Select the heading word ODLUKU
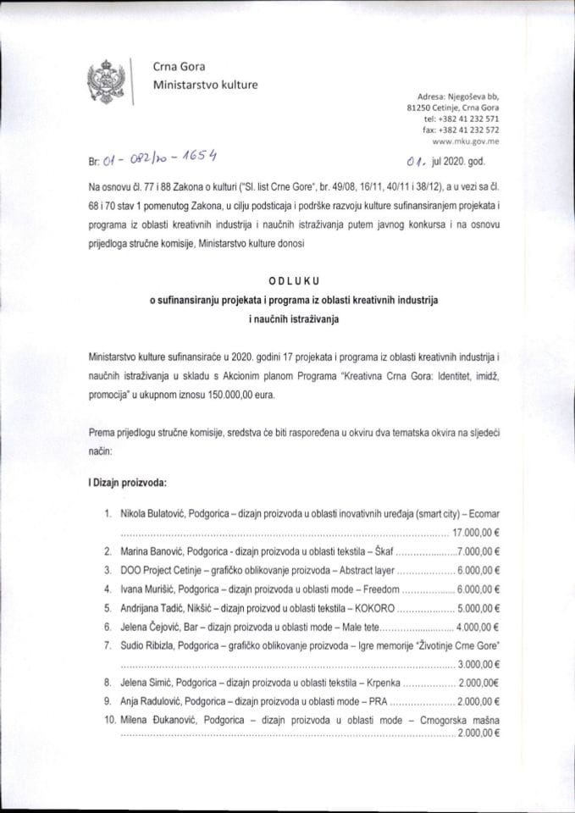287,282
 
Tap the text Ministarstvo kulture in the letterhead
205,85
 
